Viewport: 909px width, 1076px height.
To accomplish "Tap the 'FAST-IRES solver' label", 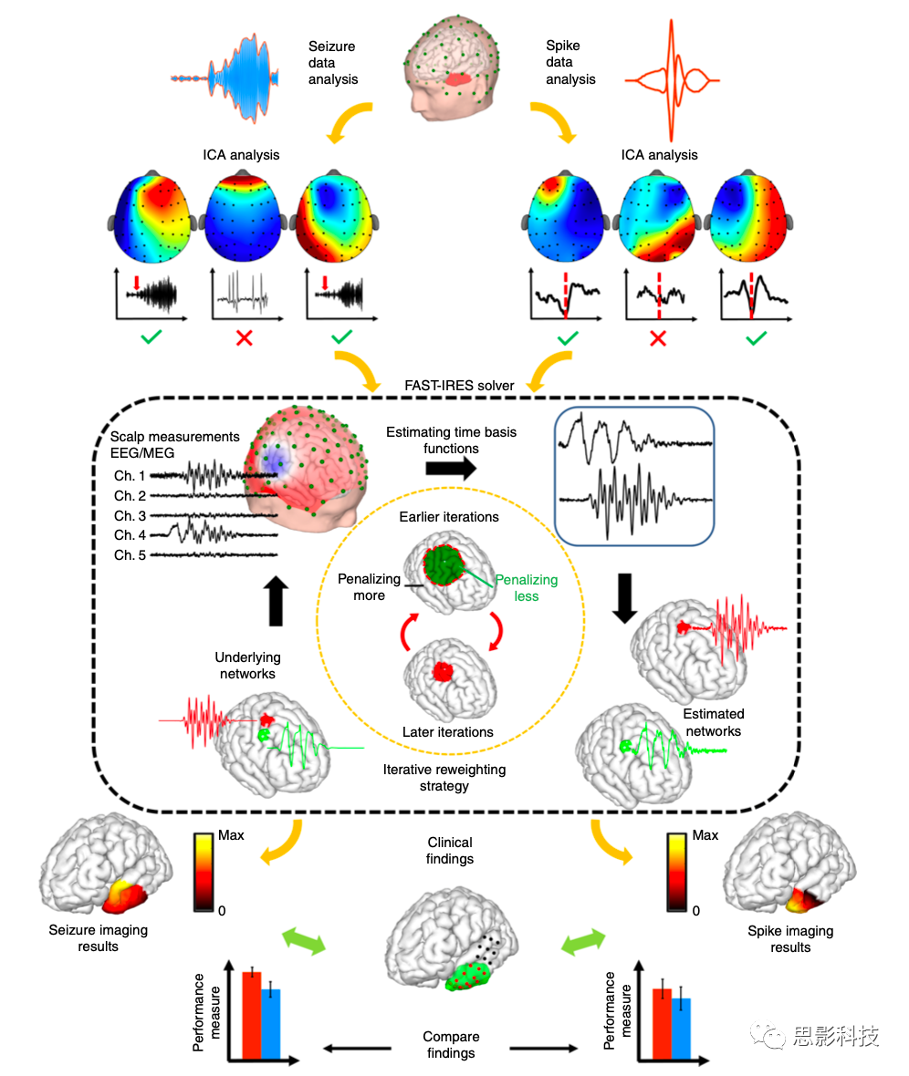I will (x=459, y=385).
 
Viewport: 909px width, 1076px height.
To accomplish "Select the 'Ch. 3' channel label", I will (x=131, y=516).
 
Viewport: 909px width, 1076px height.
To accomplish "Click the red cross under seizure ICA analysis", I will (x=244, y=339).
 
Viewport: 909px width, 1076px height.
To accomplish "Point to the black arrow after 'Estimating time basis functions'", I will (x=450, y=469).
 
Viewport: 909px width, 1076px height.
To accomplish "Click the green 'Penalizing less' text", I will (x=526, y=588).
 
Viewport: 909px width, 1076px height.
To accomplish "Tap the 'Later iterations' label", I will (x=447, y=731).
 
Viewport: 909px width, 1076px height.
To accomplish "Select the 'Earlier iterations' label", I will (x=448, y=517).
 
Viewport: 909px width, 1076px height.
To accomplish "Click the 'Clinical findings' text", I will (x=450, y=850).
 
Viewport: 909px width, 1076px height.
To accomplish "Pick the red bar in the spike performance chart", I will (x=662, y=1023).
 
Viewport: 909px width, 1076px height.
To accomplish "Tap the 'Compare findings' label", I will (x=451, y=1045).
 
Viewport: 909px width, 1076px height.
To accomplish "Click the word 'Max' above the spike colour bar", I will (x=705, y=835).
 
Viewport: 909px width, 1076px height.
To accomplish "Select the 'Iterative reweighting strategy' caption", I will (x=444, y=778).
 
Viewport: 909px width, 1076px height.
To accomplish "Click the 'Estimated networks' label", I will (x=714, y=722).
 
